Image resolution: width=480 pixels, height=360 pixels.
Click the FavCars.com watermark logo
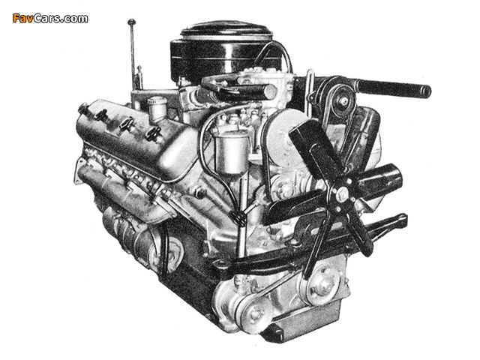pyautogui.click(x=50, y=18)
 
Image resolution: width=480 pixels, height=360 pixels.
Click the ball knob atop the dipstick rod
pyautogui.click(x=132, y=22)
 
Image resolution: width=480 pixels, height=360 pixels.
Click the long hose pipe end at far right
pyautogui.click(x=425, y=91)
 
